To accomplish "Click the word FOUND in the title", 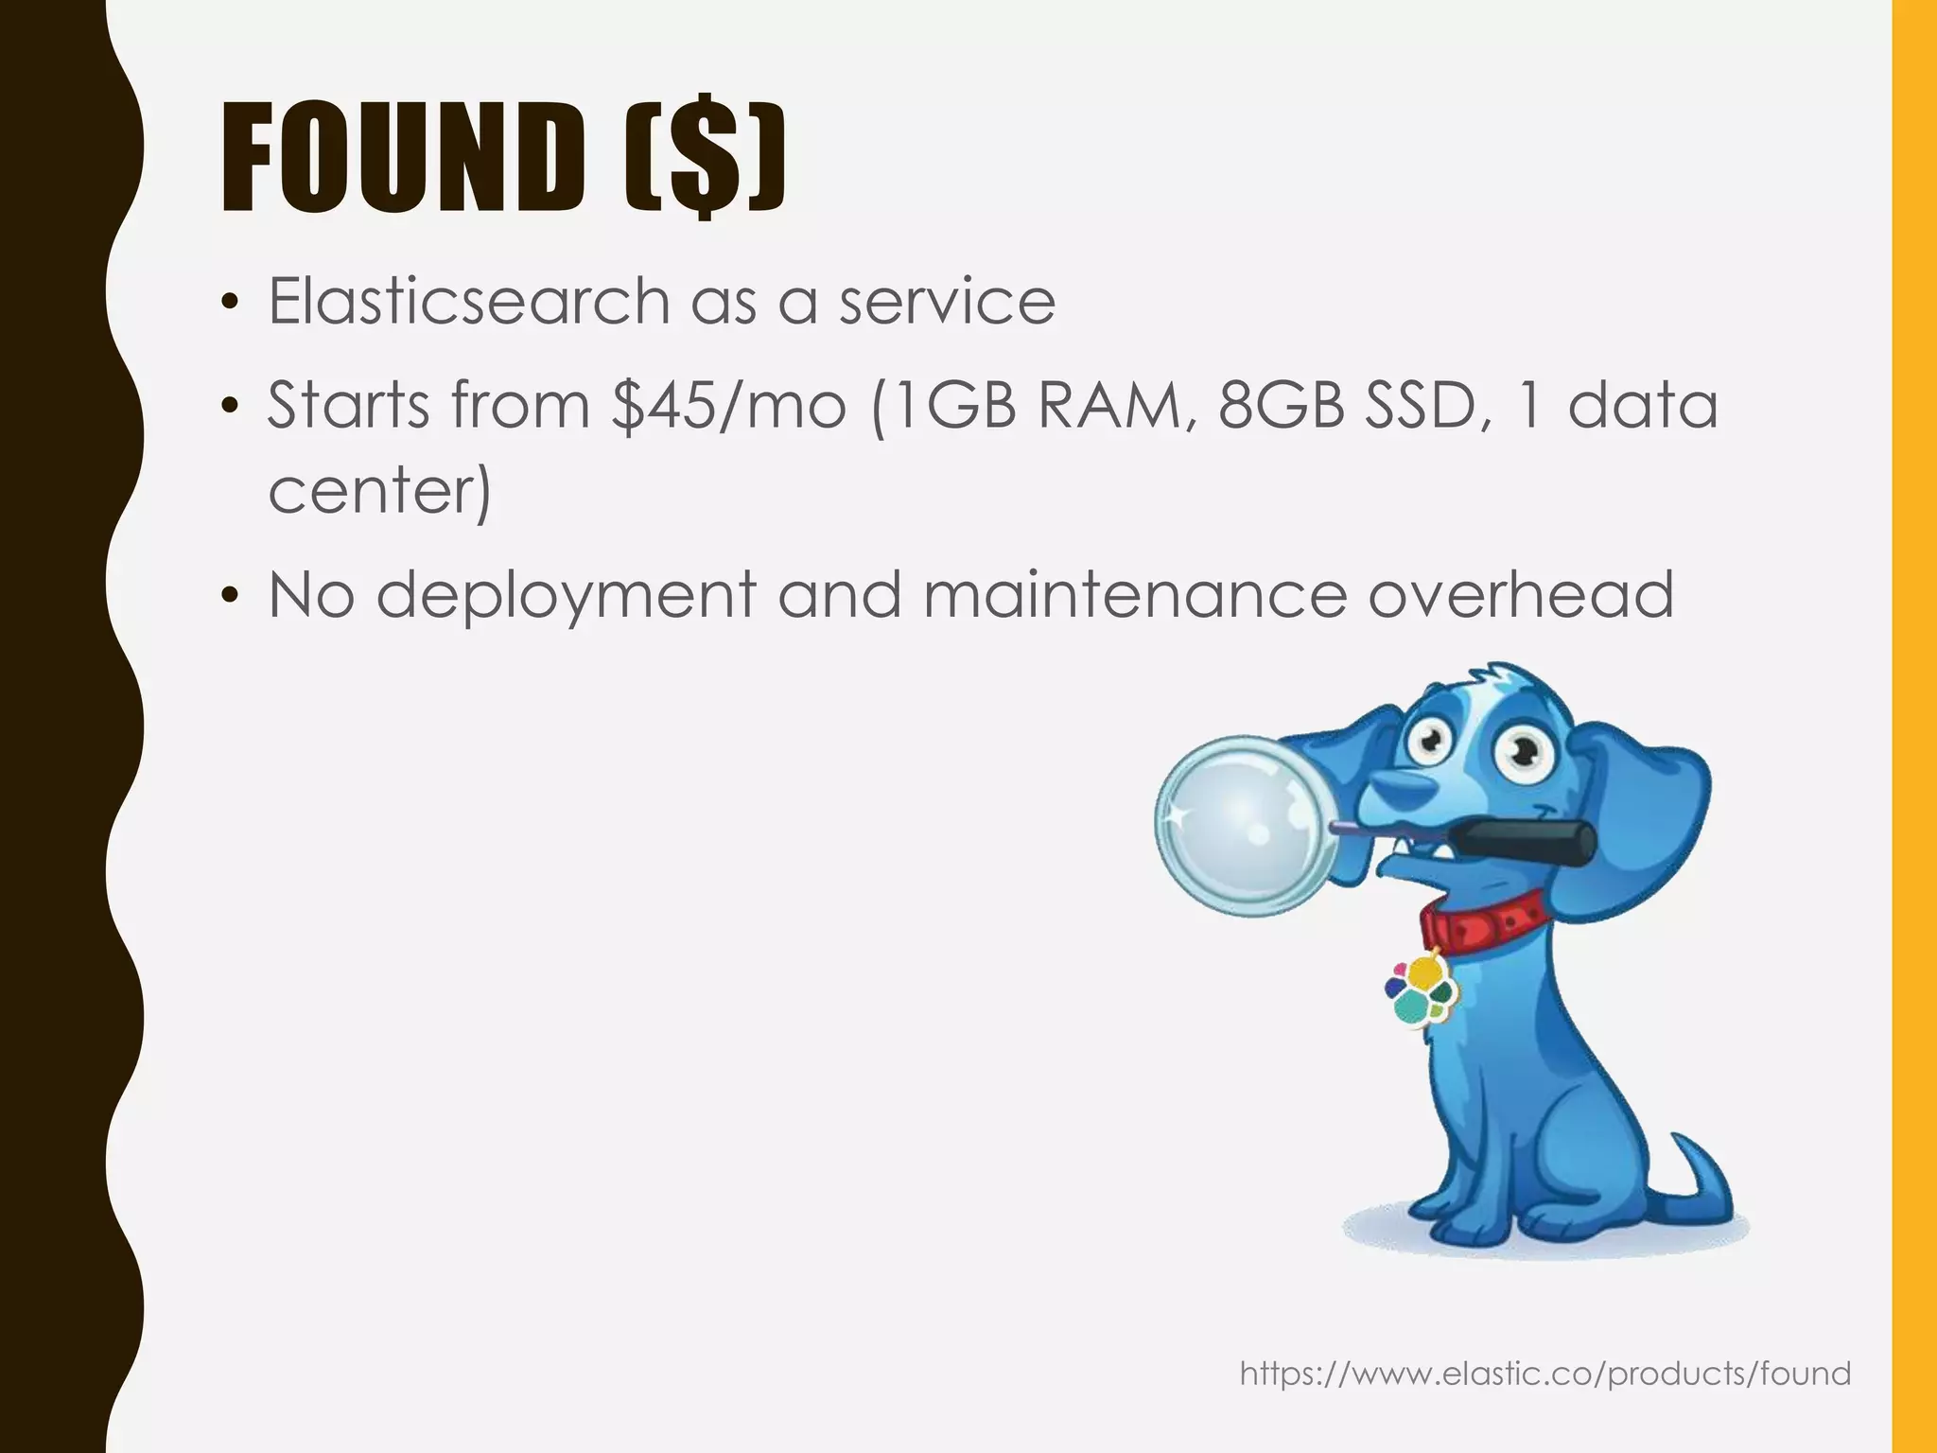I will [x=403, y=157].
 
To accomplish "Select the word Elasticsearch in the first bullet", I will [x=468, y=302].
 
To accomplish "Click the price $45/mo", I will [x=727, y=406].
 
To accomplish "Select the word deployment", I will [x=567, y=596].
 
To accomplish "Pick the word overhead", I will [x=1520, y=596].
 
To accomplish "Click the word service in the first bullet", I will [x=947, y=302].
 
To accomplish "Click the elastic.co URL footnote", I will [x=1544, y=1373].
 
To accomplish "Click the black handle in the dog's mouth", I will [x=1523, y=841].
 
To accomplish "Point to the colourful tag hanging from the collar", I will [x=1419, y=988].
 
